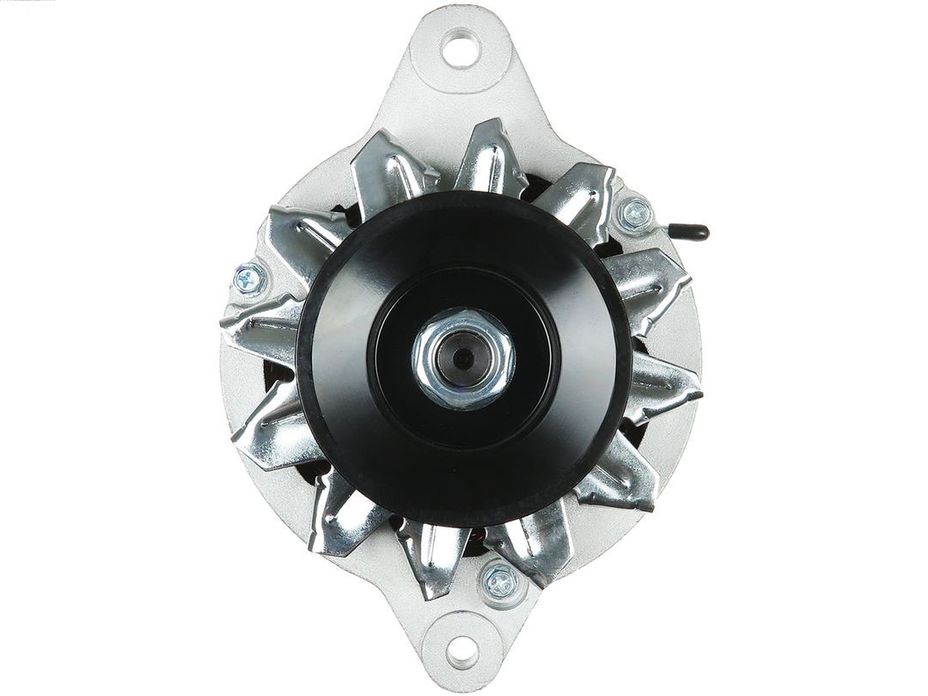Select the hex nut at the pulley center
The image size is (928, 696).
click(x=464, y=357)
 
